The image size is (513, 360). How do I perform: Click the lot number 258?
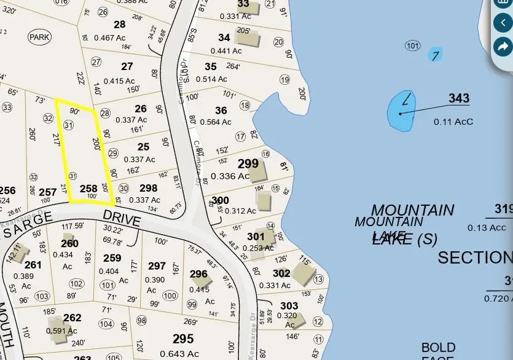pos(88,189)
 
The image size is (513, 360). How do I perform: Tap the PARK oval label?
pos(39,37)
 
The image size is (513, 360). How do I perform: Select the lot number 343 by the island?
pos(458,98)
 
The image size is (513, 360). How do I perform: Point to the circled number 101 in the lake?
pos(412,46)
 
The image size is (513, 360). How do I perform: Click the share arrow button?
pos(503,46)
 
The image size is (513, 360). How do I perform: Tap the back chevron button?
pos(503,23)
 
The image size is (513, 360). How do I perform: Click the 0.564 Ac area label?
pos(216,122)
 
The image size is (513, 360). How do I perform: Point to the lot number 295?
pos(183,338)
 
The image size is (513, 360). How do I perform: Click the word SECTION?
pos(474,257)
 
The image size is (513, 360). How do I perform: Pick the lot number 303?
pos(289,306)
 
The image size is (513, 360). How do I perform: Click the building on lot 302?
pos(303,275)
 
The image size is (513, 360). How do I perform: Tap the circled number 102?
pos(76,284)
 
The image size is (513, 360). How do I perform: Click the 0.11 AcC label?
pos(453,122)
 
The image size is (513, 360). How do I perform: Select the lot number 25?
pos(143,147)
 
